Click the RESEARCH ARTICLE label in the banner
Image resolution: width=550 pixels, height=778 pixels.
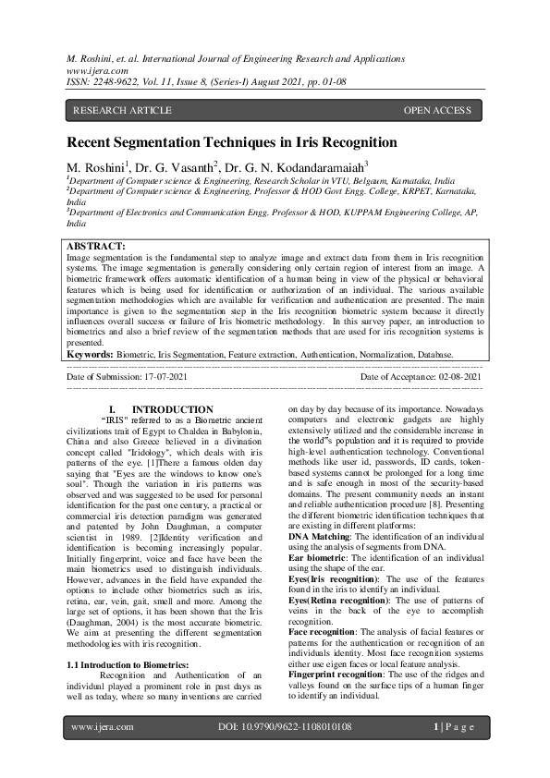pos(122,111)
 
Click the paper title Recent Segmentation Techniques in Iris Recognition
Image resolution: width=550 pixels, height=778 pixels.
pos(231,143)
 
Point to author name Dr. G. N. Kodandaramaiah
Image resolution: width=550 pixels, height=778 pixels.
pos(286,167)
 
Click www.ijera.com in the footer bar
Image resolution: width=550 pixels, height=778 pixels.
pos(102,727)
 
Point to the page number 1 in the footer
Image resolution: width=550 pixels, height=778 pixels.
pos(435,727)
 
